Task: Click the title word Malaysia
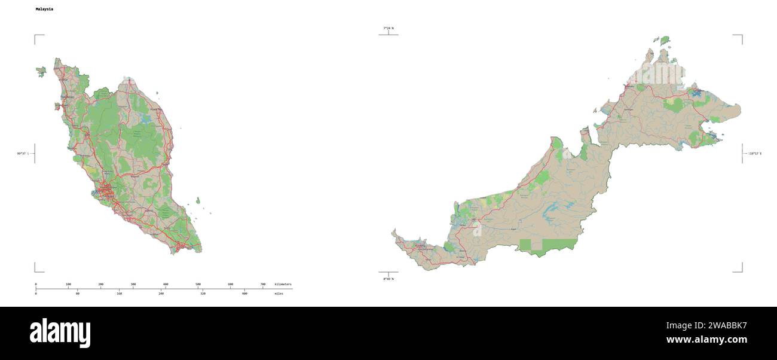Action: point(44,10)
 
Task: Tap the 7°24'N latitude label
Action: point(389,28)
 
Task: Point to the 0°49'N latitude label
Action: point(389,279)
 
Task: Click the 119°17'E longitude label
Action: point(754,154)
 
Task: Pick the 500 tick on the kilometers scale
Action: point(198,284)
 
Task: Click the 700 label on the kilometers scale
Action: point(263,284)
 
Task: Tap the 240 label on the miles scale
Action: point(161,294)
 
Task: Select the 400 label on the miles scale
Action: point(244,294)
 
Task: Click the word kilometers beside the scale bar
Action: point(283,284)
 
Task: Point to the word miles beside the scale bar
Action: point(279,294)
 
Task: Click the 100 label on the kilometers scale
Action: point(68,284)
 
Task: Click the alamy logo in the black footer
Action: point(60,333)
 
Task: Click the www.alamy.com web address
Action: point(706,340)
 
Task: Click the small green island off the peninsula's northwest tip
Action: point(41,72)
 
